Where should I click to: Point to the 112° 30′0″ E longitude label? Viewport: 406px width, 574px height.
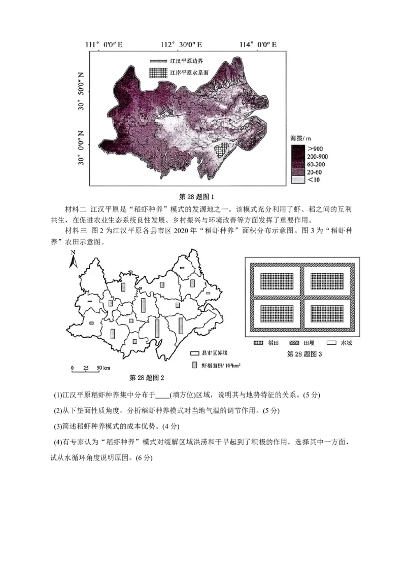182,45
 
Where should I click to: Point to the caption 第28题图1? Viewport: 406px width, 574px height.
197,197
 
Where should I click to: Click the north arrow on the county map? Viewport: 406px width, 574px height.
73,259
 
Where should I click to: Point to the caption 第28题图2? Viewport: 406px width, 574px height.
147,377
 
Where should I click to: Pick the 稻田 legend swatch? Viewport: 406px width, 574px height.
258,343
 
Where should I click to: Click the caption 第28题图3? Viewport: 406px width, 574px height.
304,354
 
